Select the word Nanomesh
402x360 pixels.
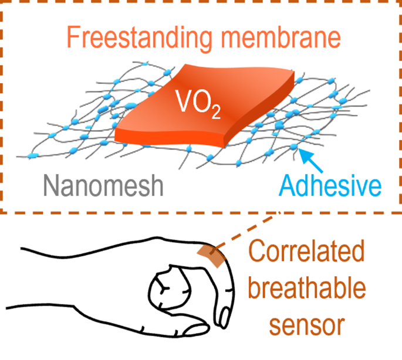[x=103, y=186]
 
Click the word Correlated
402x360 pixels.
[x=305, y=254]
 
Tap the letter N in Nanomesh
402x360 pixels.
[x=53, y=186]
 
